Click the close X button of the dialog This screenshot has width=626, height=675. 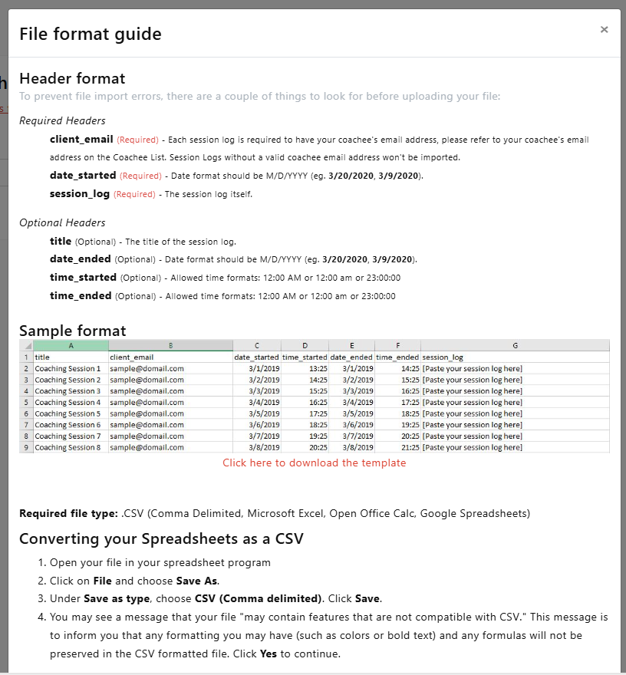point(604,30)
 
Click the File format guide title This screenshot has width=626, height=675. point(91,34)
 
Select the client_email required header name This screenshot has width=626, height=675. point(82,140)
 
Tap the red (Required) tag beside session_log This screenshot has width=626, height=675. point(134,194)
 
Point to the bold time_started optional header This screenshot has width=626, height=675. point(83,277)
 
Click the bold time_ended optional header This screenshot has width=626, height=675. point(81,295)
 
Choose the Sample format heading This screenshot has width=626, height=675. point(73,331)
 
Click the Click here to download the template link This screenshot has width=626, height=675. point(315,463)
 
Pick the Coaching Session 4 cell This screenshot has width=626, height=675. point(68,402)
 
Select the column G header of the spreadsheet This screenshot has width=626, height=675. point(515,345)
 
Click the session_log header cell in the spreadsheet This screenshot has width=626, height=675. point(443,357)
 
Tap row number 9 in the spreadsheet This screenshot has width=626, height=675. point(26,447)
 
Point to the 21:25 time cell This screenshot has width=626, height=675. point(408,447)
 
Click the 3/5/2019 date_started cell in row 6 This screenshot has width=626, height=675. point(265,413)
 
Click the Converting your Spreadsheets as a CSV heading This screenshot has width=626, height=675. point(161,538)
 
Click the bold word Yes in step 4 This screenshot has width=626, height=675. point(268,654)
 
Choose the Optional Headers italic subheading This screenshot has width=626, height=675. point(62,222)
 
